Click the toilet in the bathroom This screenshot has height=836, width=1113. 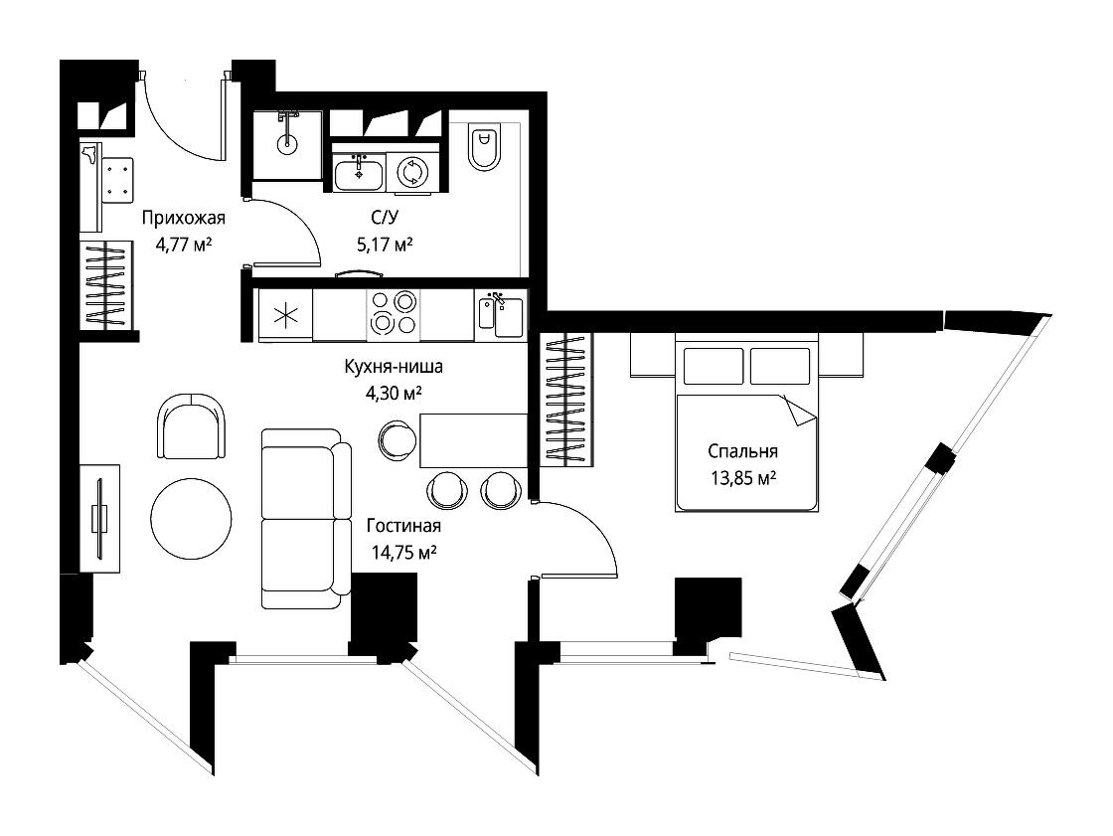coord(484,147)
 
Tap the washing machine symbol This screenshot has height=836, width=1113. coord(411,172)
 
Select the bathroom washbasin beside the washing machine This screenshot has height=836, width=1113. coord(359,173)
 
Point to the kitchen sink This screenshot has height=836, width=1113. coord(501,316)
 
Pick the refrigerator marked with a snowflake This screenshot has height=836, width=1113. coord(284,315)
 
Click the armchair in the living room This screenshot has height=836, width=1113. coord(191,426)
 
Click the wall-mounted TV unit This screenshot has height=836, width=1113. coord(99,518)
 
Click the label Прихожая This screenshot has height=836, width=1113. coord(183,218)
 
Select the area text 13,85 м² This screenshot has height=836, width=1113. coord(743,478)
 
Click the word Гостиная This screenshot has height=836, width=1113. coord(403,526)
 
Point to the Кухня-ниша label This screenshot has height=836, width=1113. coord(394,367)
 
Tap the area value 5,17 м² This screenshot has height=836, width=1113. coord(385,246)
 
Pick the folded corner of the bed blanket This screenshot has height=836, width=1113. coord(799,411)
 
